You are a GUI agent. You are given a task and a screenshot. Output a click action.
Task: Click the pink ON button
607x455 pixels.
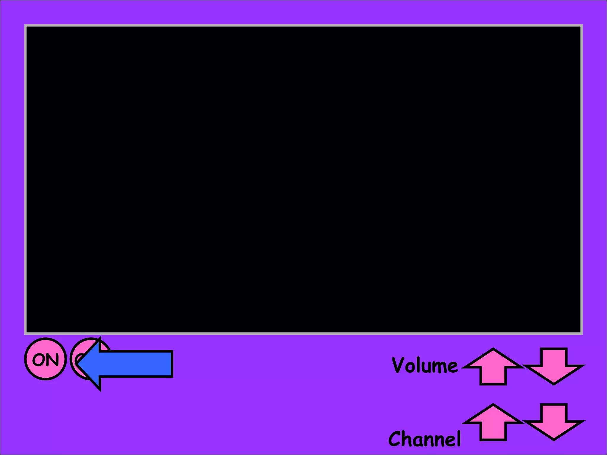(45, 359)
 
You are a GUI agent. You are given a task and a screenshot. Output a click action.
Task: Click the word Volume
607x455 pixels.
(424, 365)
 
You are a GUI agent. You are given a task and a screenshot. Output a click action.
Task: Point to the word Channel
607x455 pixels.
(424, 439)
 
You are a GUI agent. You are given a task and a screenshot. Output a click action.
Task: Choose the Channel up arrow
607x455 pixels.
(493, 422)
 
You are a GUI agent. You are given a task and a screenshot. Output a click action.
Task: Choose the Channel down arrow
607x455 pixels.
(553, 422)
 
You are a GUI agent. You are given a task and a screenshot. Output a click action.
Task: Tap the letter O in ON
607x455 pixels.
(39, 359)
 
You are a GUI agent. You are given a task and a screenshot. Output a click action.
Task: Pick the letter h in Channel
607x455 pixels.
(408, 439)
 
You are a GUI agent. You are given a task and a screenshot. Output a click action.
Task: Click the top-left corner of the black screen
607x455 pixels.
(27, 27)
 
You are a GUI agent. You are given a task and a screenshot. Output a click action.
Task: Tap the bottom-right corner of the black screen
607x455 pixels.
(580, 332)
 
